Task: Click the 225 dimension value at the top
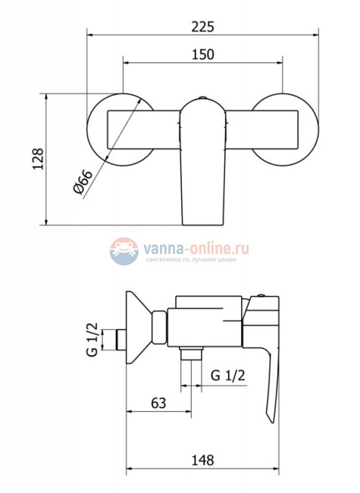click(203, 27)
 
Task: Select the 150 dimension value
click(203, 54)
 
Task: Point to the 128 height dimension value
click(39, 159)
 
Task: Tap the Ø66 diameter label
click(83, 182)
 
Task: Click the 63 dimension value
click(158, 403)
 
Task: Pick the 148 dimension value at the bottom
click(203, 460)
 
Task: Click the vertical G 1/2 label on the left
click(92, 339)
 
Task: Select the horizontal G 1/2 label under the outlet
click(228, 375)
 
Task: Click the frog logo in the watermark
click(124, 251)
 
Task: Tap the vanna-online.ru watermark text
click(196, 249)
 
